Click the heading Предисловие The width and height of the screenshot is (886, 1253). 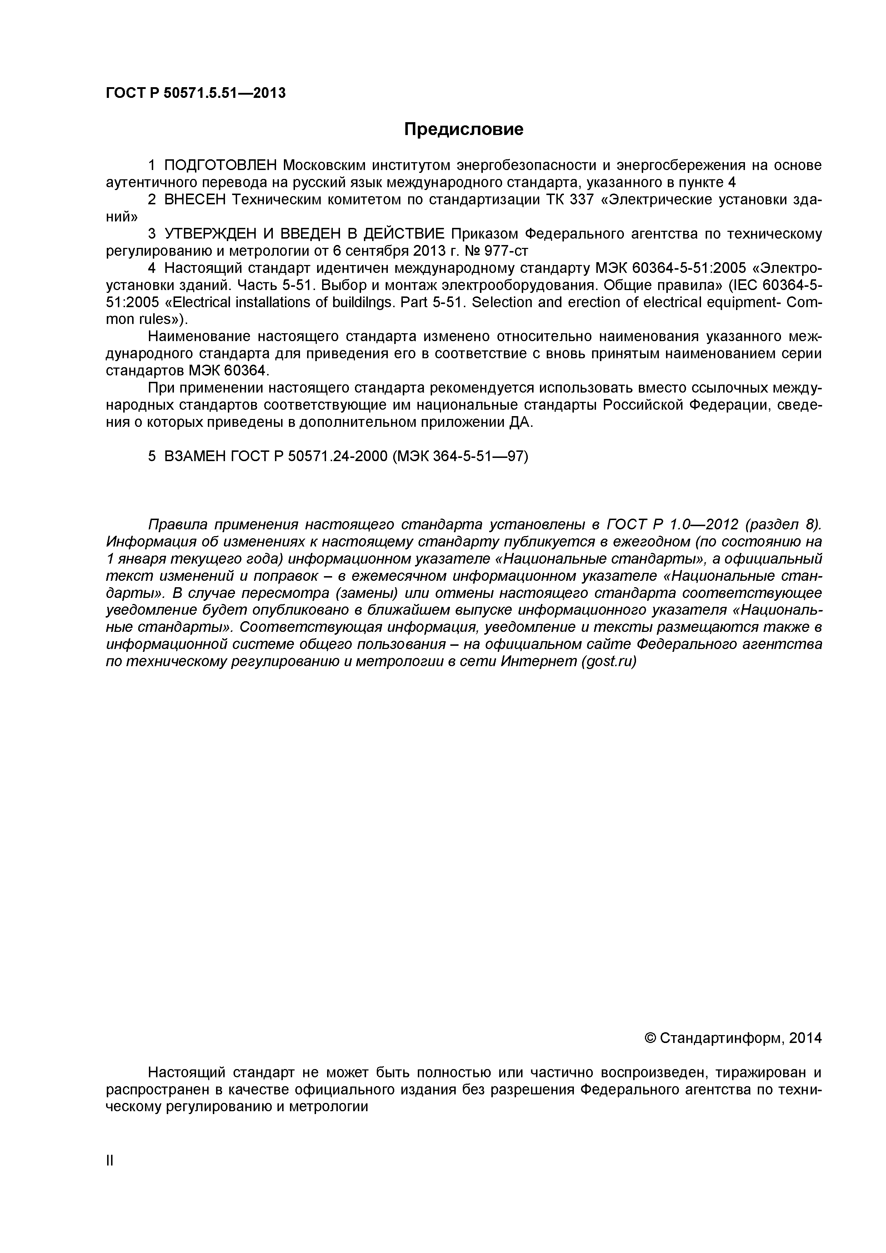pos(463,129)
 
